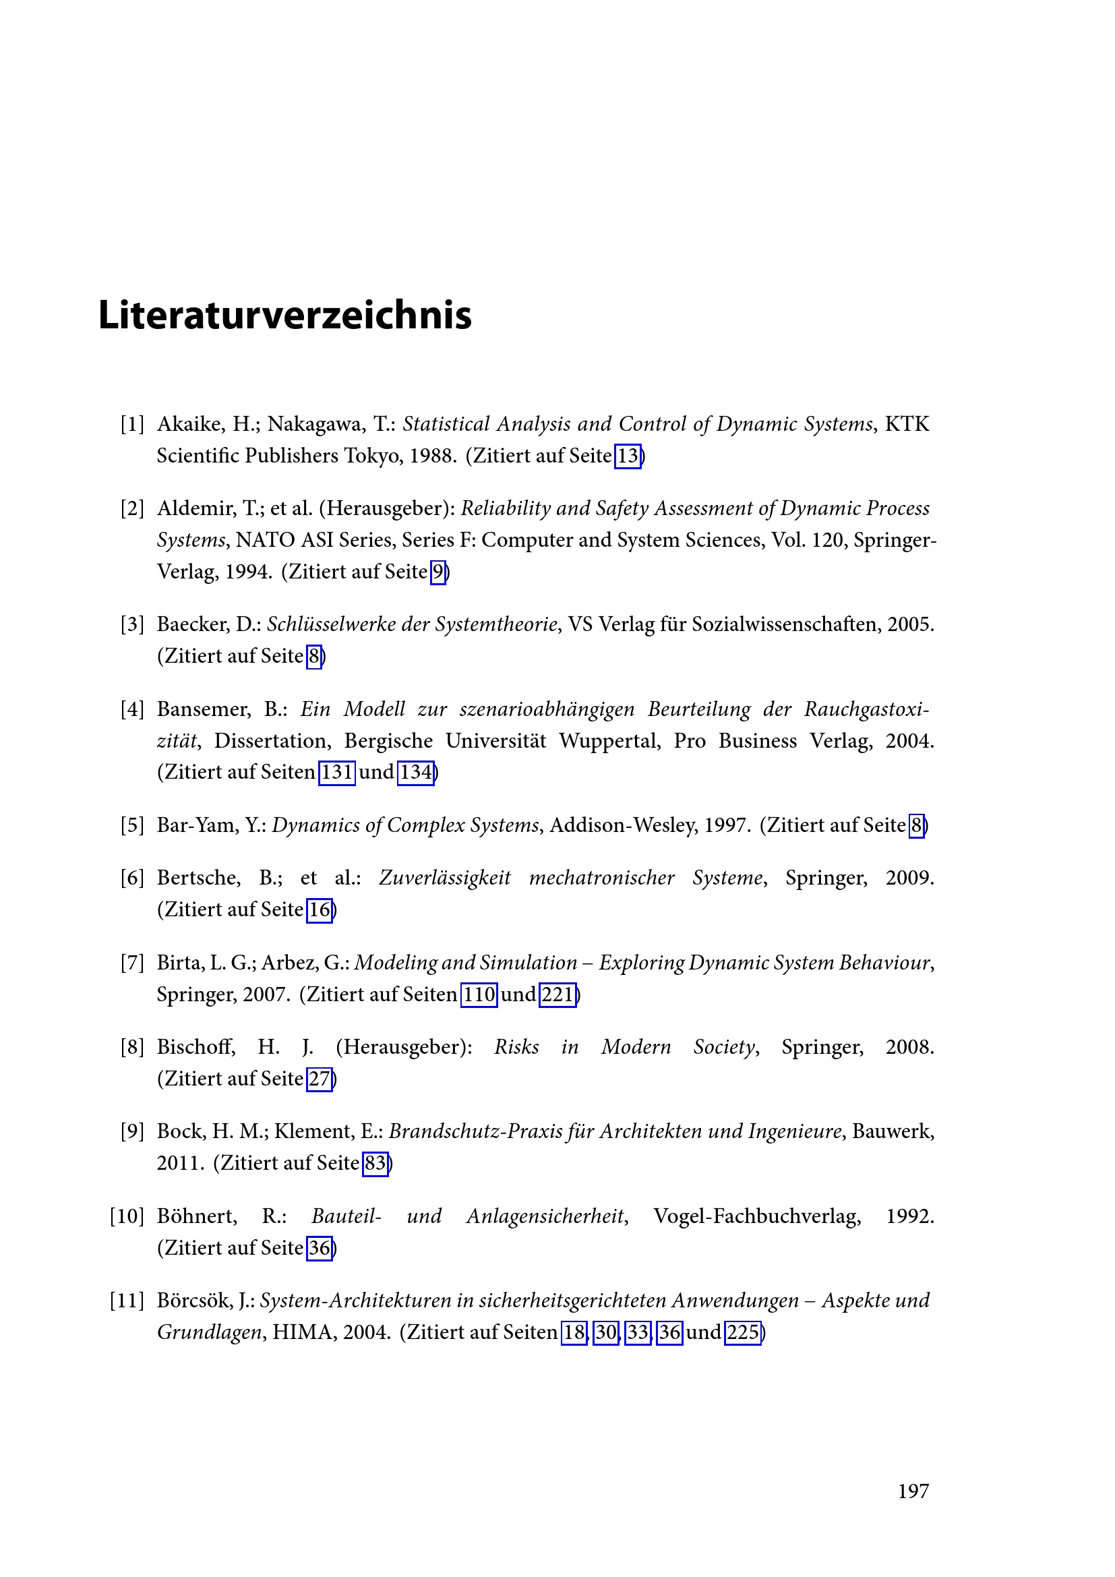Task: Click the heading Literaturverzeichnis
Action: click(x=285, y=316)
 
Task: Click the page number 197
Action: click(x=913, y=1491)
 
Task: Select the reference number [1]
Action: click(x=133, y=425)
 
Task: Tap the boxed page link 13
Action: click(x=628, y=456)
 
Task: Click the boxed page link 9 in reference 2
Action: click(x=438, y=572)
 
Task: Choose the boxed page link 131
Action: click(x=337, y=773)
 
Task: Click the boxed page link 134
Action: click(x=416, y=773)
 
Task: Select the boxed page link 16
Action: click(x=320, y=910)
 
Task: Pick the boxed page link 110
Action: click(x=479, y=994)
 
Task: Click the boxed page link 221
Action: click(x=557, y=994)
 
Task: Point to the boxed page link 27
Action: click(x=320, y=1079)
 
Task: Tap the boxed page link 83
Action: click(x=375, y=1164)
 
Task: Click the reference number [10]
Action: click(x=127, y=1216)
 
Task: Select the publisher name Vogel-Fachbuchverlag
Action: click(x=756, y=1216)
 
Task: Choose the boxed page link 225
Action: click(x=743, y=1333)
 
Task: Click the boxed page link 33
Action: click(x=638, y=1333)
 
